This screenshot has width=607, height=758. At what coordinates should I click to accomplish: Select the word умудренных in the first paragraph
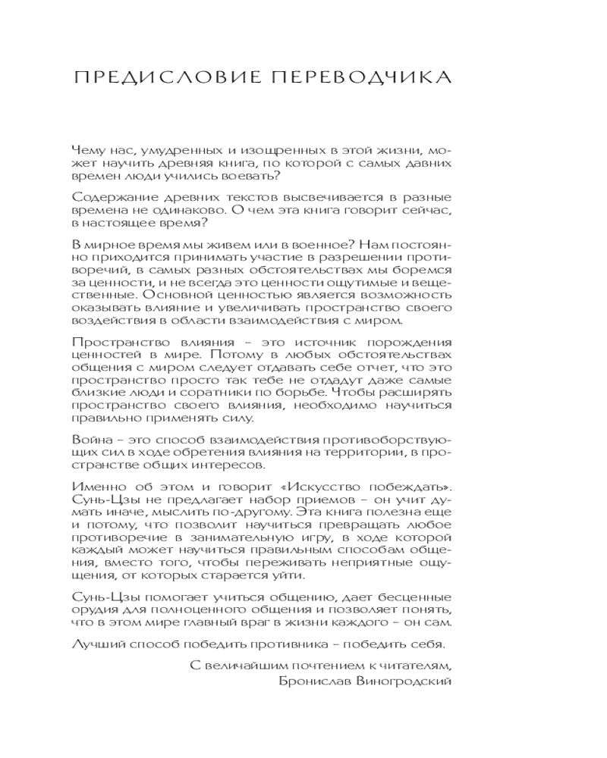click(165, 149)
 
